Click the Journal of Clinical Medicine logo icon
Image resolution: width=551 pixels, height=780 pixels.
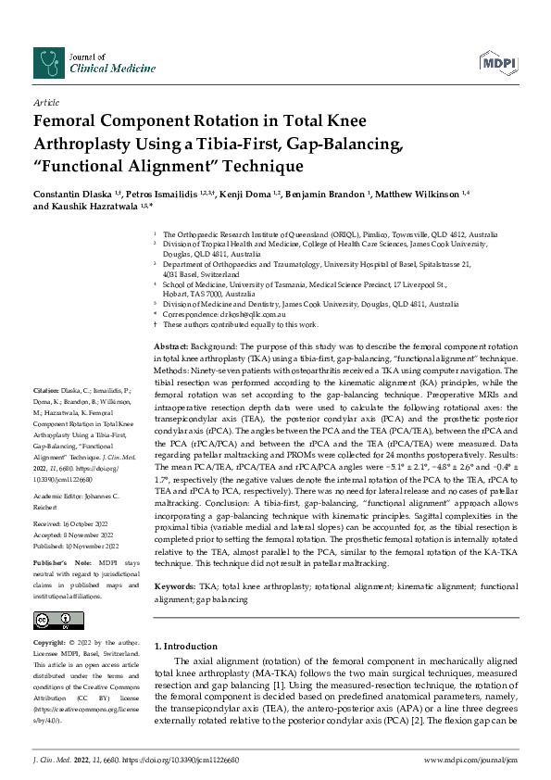click(44, 60)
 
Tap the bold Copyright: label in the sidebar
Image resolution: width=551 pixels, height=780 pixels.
click(50, 643)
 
